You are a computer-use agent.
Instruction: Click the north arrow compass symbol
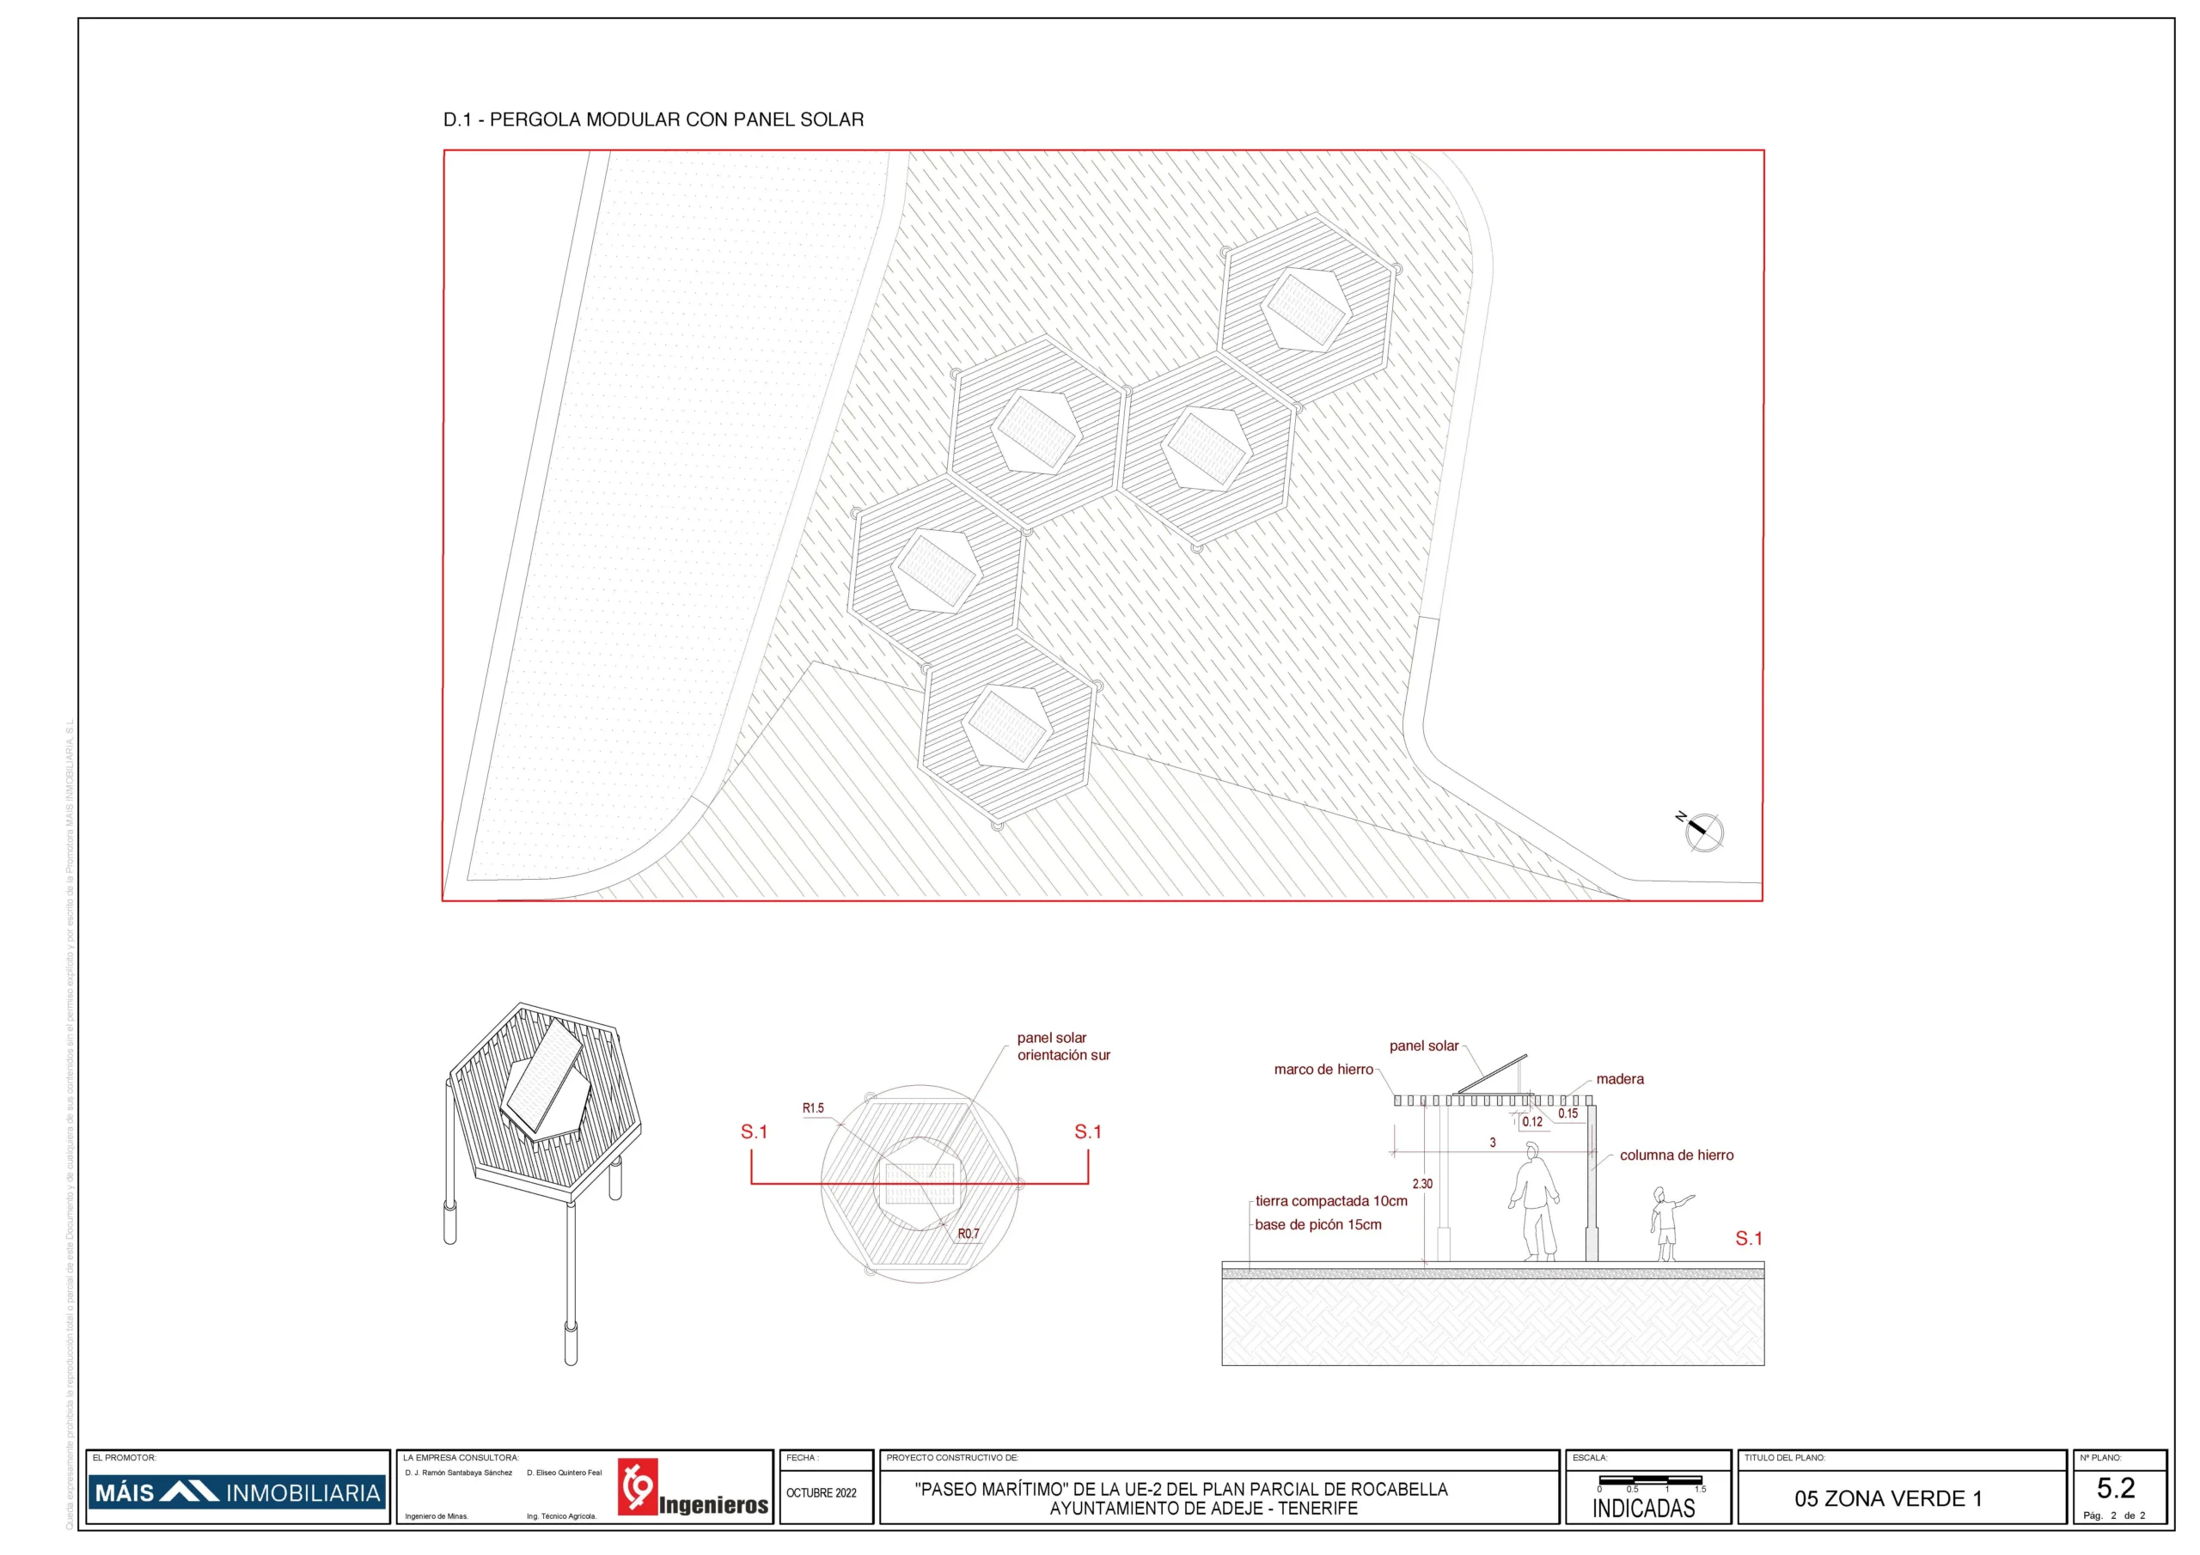point(1702,831)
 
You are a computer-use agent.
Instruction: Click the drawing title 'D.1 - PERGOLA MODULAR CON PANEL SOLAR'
point(652,119)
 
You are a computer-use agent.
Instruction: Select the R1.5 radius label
point(813,1107)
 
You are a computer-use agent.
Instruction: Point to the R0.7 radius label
point(968,1234)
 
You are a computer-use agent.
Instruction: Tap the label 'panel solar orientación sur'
point(1063,1046)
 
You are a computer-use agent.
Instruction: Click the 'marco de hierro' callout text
point(1323,1070)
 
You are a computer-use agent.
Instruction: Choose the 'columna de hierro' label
point(1676,1156)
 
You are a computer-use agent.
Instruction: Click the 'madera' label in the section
point(1619,1079)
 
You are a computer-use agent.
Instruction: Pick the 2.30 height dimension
point(1422,1184)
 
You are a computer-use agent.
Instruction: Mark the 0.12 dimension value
point(1532,1122)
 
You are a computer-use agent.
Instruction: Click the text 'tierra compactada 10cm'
point(1331,1201)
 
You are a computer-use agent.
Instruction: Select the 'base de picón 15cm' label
point(1317,1225)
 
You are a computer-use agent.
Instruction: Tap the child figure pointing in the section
point(1665,1223)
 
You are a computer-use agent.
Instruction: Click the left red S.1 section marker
point(753,1132)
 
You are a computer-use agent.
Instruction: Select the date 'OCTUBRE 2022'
point(822,1493)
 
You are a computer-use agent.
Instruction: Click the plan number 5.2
point(2115,1488)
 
